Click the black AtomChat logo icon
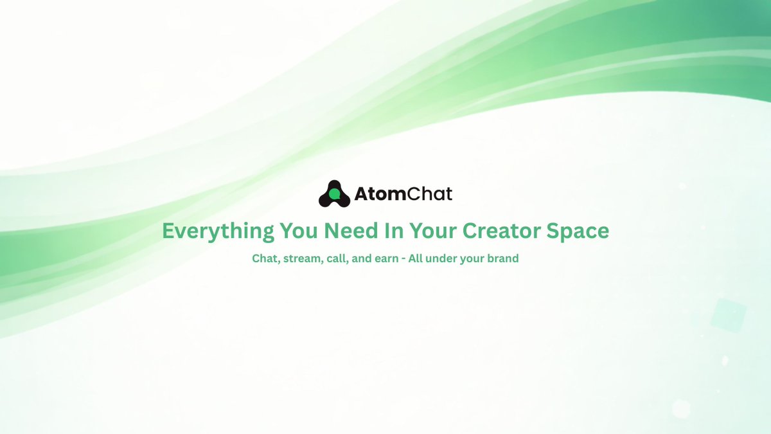click(334, 194)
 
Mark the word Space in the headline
click(579, 231)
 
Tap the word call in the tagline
click(339, 259)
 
